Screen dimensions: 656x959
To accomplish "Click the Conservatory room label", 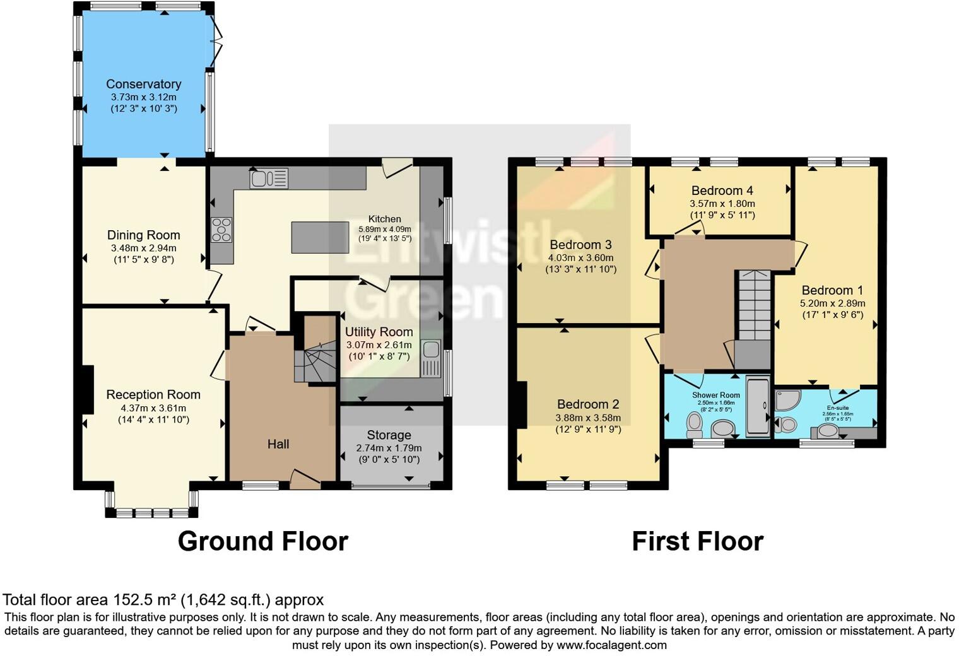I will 143,84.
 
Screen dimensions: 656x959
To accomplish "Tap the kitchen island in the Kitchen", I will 320,237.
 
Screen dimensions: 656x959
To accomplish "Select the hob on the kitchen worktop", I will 221,230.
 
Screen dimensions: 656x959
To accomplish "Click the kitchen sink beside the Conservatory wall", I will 269,179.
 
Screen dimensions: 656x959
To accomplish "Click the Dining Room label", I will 143,235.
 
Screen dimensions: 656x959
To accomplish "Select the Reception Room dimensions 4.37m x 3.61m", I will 153,407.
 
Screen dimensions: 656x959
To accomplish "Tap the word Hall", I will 278,444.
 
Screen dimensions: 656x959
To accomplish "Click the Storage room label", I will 389,435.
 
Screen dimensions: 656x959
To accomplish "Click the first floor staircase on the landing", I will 755,307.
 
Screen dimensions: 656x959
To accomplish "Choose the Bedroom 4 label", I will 722,190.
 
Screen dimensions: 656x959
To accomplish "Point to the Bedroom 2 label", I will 587,404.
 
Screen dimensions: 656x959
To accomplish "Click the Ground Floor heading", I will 262,541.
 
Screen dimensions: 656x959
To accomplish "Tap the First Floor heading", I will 697,541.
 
